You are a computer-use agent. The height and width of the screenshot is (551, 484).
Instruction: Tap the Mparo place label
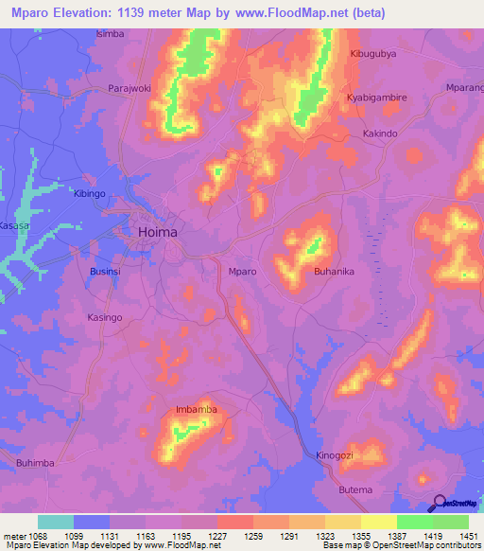point(242,272)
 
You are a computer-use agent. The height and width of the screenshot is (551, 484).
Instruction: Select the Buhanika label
point(334,272)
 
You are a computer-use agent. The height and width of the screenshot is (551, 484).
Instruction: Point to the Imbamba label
point(197,409)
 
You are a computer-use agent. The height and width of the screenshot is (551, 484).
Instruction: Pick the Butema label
point(355,489)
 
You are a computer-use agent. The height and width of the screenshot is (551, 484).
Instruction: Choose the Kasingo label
point(104,318)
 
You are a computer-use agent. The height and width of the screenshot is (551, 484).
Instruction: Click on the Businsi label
point(105,271)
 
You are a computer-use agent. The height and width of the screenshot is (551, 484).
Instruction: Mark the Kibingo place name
point(91,193)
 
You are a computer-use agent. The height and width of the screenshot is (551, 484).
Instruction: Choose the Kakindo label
point(380,134)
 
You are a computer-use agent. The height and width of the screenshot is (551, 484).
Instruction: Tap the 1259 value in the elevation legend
point(243,535)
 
